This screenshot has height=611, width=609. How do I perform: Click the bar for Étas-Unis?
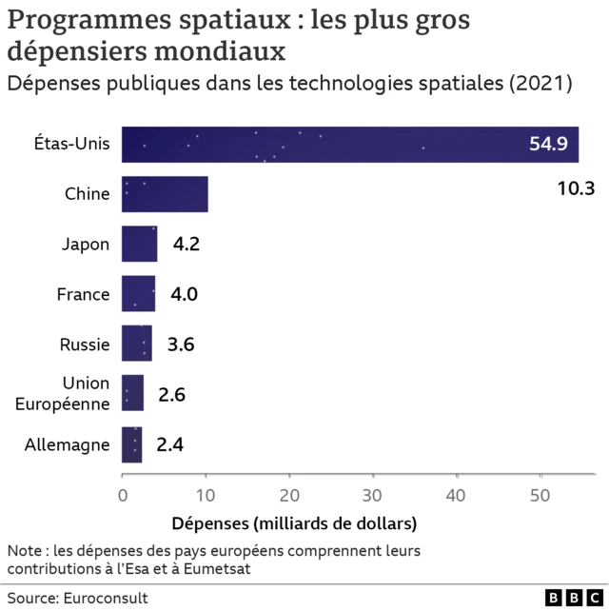350,145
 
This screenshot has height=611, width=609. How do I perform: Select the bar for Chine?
165,194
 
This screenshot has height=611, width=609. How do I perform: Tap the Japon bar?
140,244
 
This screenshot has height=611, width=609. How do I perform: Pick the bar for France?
139,294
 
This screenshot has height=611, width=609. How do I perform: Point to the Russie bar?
137,344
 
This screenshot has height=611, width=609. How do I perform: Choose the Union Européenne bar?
133,393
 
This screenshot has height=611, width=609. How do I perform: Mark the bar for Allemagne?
132,443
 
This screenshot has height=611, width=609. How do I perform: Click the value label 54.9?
548,145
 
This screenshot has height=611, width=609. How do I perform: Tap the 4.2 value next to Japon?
186,245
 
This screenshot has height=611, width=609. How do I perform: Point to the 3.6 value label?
181,345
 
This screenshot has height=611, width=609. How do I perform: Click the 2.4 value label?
169,443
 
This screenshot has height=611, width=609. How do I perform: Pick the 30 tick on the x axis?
373,494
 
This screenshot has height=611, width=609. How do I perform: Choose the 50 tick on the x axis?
540,494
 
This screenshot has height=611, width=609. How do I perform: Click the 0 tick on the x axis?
123,494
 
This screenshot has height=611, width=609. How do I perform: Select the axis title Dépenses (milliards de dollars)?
294,523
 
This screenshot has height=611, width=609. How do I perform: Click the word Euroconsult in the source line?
106,598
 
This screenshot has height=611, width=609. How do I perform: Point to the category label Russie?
85,345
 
